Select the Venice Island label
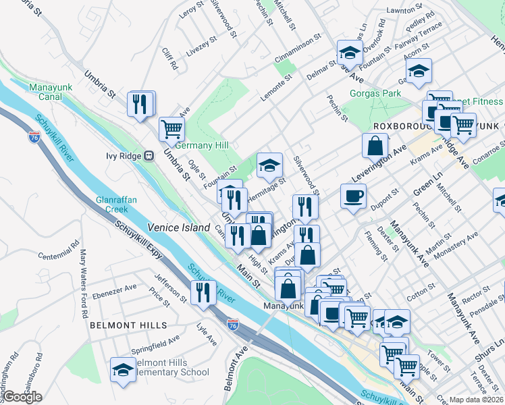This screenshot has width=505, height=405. (179, 227)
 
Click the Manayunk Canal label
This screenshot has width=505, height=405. (55, 92)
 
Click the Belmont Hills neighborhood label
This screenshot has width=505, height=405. (128, 325)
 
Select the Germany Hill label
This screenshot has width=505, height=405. (203, 145)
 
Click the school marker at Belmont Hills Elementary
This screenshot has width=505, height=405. (123, 370)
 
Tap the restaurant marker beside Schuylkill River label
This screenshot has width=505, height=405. (203, 292)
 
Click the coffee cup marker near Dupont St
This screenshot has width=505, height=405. (354, 196)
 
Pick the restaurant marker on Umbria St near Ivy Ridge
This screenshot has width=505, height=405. (140, 103)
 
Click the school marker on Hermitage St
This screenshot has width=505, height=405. (269, 165)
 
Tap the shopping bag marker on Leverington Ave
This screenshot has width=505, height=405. (375, 145)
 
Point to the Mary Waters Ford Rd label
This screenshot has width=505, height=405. (84, 283)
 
